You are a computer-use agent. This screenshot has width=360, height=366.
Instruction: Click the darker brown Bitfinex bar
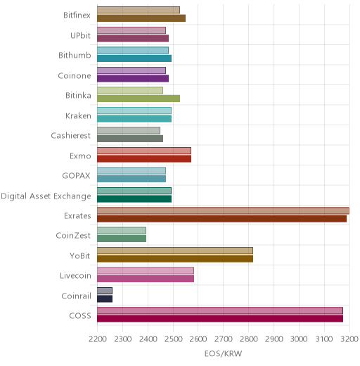(x=141, y=18)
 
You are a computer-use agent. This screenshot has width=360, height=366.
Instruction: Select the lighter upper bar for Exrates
(x=223, y=210)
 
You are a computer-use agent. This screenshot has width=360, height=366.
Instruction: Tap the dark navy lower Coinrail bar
(x=105, y=298)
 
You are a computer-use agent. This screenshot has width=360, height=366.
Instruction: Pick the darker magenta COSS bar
(x=220, y=319)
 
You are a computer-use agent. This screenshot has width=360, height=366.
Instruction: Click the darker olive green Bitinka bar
(x=139, y=99)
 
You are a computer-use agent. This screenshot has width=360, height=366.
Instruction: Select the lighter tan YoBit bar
(x=175, y=251)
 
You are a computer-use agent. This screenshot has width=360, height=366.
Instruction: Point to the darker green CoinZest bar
(x=122, y=239)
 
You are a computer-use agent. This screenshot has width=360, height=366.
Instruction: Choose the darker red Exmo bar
(x=144, y=158)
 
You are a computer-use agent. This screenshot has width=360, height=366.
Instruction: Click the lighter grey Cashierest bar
(x=129, y=130)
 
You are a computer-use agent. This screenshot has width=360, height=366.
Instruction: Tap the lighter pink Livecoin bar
(x=146, y=271)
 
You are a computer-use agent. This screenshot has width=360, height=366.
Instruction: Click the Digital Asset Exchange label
(x=46, y=196)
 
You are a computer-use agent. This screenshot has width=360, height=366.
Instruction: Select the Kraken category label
(x=78, y=115)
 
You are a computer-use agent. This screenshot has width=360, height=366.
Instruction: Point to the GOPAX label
(x=76, y=175)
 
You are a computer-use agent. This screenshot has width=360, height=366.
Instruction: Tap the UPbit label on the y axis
(x=80, y=35)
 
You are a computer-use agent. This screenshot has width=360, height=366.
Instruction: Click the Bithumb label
(x=75, y=56)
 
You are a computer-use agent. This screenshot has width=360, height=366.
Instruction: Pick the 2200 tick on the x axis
(x=98, y=339)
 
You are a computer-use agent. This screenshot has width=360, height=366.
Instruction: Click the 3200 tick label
(x=349, y=339)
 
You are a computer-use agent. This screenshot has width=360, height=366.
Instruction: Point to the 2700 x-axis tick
(x=224, y=339)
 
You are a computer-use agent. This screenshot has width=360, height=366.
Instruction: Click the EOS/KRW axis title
(x=223, y=353)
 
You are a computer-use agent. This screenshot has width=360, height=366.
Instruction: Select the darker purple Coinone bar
(x=133, y=78)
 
